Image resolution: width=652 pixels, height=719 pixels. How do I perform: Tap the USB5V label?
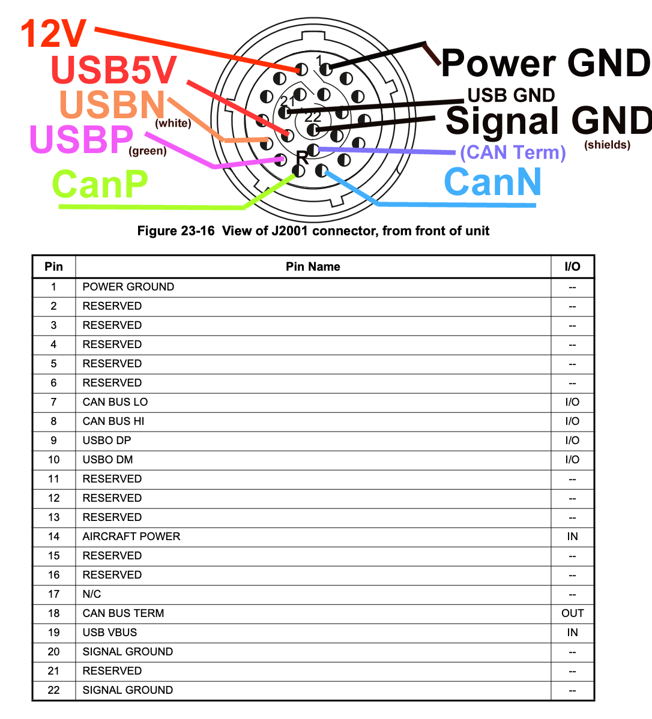tap(113, 70)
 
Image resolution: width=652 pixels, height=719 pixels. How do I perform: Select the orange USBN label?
tap(112, 105)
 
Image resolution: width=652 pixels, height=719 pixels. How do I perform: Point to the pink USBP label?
tap(81, 139)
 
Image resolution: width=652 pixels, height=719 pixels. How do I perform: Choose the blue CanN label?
tap(493, 182)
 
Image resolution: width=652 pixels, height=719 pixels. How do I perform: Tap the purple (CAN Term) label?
tap(513, 152)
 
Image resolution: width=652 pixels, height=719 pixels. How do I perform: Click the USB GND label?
tap(511, 95)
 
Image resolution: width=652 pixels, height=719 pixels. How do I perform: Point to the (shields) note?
tap(607, 145)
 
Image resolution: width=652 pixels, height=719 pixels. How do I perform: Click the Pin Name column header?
tap(313, 266)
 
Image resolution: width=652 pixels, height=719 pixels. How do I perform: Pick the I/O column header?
tap(572, 266)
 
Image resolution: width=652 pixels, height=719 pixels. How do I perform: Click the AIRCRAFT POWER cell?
tap(131, 537)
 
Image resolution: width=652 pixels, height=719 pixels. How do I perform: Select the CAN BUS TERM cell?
tap(123, 613)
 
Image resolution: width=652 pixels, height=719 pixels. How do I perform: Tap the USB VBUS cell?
tap(110, 633)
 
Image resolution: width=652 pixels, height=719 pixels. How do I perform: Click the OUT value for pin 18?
tap(572, 613)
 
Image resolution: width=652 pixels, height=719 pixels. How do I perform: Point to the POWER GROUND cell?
tap(128, 287)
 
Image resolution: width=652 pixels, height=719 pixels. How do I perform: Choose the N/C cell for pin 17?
tap(92, 594)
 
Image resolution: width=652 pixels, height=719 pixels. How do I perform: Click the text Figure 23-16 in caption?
tap(176, 231)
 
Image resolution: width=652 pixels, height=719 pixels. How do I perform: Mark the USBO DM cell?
tap(107, 460)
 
